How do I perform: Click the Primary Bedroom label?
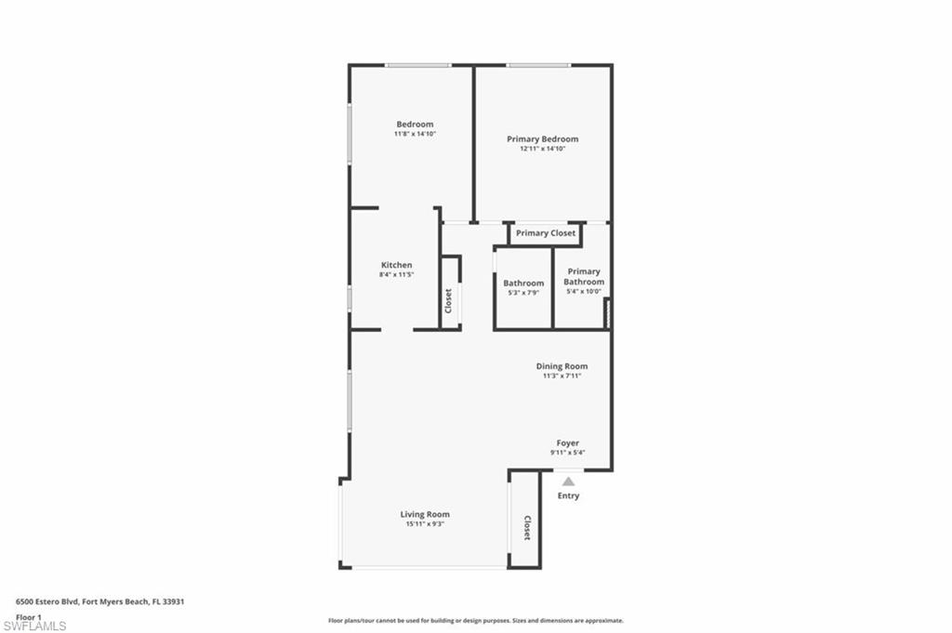pos(542,139)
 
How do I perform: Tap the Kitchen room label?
pos(396,265)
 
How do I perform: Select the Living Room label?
pos(425,514)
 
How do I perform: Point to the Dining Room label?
pos(562,366)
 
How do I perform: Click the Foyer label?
pos(568,443)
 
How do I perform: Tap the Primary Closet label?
pos(546,233)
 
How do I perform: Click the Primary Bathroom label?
pos(584,277)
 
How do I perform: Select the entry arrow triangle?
pos(568,481)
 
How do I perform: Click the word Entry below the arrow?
pos(568,495)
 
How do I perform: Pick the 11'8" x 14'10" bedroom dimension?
pos(416,134)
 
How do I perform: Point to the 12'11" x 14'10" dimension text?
pos(542,148)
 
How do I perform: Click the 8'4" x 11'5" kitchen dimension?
pos(396,274)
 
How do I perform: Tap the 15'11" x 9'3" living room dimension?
pos(425,523)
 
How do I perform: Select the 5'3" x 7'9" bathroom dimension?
pos(523,293)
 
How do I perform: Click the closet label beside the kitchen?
pos(449,301)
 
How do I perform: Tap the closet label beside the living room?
pos(527,528)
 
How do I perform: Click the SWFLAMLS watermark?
pos(34,626)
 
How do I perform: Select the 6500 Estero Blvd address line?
pos(100,602)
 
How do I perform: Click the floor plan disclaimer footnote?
pos(476,621)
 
